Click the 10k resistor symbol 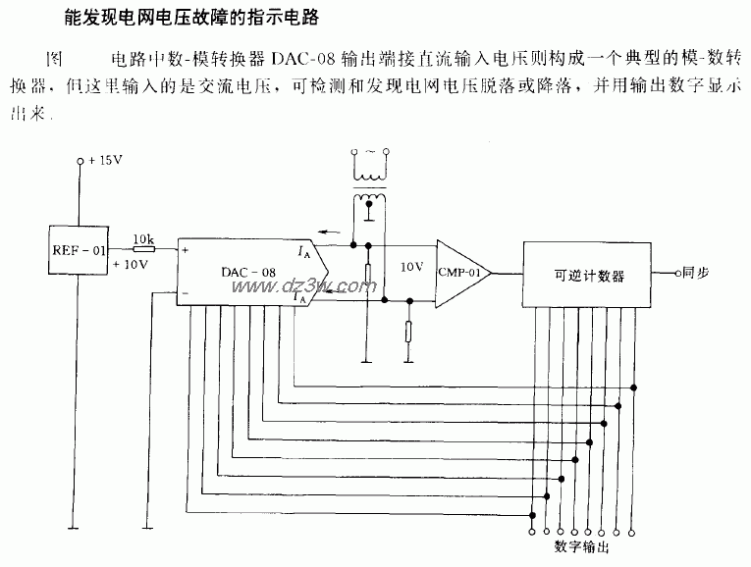(144, 249)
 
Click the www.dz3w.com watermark (300, 285)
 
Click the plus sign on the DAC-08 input (184, 250)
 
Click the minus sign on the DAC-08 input (184, 292)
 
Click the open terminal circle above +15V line (80, 162)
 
